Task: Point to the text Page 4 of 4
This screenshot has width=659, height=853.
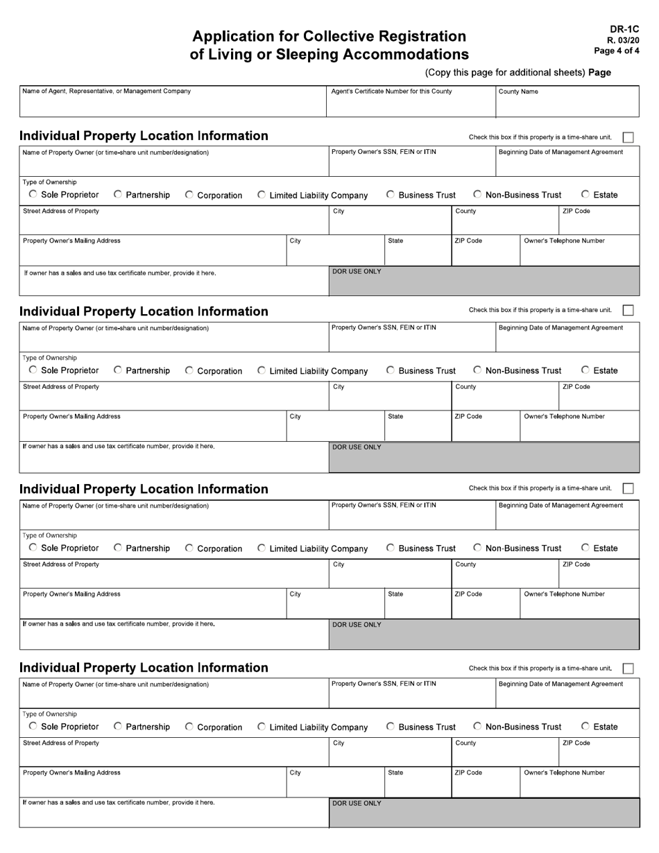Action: [617, 51]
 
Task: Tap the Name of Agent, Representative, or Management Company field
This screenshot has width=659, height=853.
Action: [173, 105]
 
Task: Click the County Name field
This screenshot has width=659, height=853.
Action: [567, 105]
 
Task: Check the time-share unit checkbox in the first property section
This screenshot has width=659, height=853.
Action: [628, 137]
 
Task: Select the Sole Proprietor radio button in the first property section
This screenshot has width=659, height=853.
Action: [34, 195]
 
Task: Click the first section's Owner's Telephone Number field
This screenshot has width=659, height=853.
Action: [579, 255]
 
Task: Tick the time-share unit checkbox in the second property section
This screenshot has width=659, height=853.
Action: [628, 311]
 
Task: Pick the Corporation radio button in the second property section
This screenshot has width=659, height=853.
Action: [190, 371]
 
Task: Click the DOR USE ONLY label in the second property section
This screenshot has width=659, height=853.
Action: [357, 447]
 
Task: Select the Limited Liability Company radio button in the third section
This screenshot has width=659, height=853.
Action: [262, 549]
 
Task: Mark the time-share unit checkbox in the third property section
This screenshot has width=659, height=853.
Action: [628, 488]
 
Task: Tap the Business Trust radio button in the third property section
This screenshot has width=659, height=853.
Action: [391, 549]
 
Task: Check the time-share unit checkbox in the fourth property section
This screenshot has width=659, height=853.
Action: [628, 669]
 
